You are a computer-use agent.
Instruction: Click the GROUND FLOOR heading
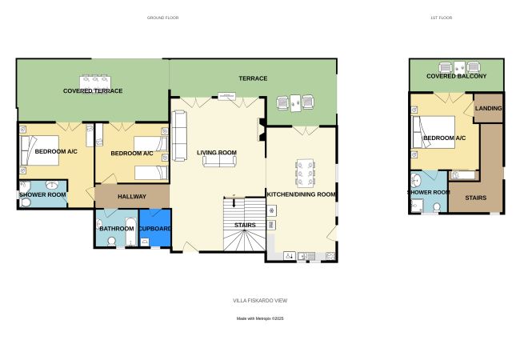(x=162, y=18)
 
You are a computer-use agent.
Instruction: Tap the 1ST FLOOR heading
(x=441, y=18)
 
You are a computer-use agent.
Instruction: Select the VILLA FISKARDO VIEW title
(x=260, y=301)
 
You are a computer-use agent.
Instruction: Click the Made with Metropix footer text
(x=260, y=318)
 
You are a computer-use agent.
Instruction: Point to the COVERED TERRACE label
(x=93, y=91)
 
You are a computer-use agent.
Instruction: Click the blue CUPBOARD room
(x=155, y=228)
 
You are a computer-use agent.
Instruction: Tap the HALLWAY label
(x=132, y=197)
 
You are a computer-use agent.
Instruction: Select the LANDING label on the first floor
(x=488, y=108)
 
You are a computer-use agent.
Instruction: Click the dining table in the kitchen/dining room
(x=305, y=173)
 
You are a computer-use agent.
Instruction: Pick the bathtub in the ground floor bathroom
(x=131, y=231)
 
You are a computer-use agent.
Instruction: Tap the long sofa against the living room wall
(x=179, y=136)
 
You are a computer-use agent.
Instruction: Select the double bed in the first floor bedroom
(x=433, y=132)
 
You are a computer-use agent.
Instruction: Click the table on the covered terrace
(x=95, y=82)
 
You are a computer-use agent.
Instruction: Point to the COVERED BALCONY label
(x=456, y=76)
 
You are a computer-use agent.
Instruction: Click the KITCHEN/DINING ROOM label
(x=301, y=194)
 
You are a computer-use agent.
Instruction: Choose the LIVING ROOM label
(x=217, y=153)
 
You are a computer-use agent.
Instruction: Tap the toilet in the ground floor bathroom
(x=112, y=242)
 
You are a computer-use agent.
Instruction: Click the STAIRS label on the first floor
(x=475, y=198)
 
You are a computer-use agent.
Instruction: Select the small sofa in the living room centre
(x=219, y=161)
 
